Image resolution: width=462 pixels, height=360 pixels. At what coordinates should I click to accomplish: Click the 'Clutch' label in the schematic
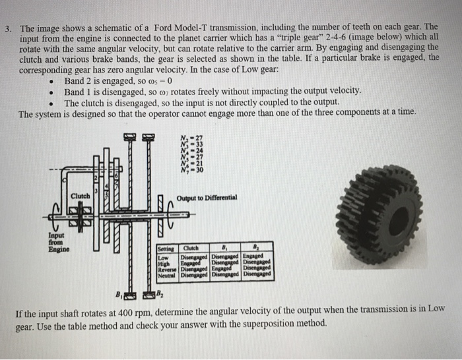pos(81,196)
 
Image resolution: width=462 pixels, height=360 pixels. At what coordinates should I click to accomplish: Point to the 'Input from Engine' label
pos(57,242)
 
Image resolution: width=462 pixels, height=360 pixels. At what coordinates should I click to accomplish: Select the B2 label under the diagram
pos(164,294)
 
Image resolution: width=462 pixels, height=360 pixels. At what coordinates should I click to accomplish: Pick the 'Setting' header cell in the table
pos(167,249)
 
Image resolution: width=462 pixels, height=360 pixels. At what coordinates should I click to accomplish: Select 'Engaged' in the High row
pos(193,262)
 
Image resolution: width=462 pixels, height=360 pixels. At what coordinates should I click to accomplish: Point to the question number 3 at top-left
pos(8,30)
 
